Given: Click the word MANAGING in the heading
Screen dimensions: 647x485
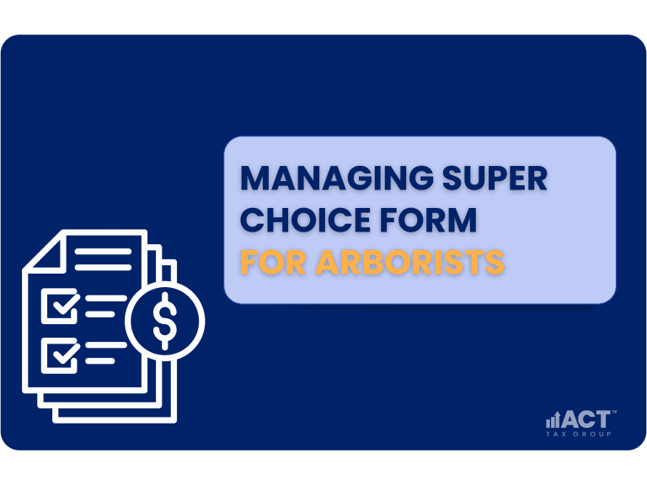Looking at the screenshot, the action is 337,179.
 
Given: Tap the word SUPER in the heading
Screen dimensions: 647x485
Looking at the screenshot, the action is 495,179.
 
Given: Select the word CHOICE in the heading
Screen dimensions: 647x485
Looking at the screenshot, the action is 305,220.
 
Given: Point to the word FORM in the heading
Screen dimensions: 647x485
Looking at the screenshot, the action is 428,220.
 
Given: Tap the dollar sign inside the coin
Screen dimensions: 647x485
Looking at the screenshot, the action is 165,321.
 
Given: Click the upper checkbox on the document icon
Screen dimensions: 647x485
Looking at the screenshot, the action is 61,306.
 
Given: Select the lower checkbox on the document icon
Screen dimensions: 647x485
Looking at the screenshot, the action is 61,355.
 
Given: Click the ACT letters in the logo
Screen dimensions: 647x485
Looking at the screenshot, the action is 586,419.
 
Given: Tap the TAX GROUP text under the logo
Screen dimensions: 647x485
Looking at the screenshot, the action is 579,434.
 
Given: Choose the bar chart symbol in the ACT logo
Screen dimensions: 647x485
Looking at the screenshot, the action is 553,420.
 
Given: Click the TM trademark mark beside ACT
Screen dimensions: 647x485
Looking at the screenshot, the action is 613,412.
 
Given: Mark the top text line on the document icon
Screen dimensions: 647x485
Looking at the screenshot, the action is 103,251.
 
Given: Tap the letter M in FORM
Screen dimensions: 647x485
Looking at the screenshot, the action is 461,220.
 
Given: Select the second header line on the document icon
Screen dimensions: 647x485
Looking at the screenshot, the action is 103,267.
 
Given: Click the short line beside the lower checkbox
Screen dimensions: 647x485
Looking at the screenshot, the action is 100,361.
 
